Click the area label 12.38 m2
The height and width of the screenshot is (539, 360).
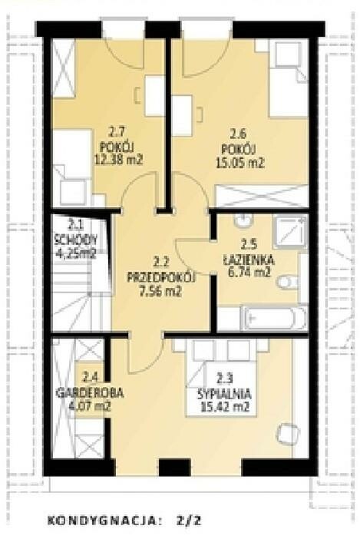tap(118, 160)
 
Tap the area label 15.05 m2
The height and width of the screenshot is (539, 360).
tap(240, 162)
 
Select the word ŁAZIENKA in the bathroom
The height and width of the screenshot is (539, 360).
tap(248, 260)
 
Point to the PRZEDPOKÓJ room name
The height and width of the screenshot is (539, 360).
tap(161, 277)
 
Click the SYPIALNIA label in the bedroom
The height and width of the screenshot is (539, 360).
tap(224, 394)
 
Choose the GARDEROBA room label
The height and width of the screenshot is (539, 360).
tap(89, 393)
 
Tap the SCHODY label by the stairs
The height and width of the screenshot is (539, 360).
tap(75, 239)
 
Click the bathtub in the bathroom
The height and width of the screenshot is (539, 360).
tap(274, 319)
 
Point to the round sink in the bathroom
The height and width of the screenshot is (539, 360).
tap(243, 220)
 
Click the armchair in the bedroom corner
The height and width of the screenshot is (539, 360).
tap(288, 435)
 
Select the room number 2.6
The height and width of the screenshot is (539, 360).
tap(239, 134)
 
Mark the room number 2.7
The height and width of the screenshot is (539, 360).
tap(117, 131)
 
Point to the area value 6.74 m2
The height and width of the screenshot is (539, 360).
tap(249, 273)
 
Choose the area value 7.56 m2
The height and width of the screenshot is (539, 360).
tap(160, 292)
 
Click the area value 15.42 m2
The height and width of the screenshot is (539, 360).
tap(225, 408)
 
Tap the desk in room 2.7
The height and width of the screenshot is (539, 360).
tap(154, 96)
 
